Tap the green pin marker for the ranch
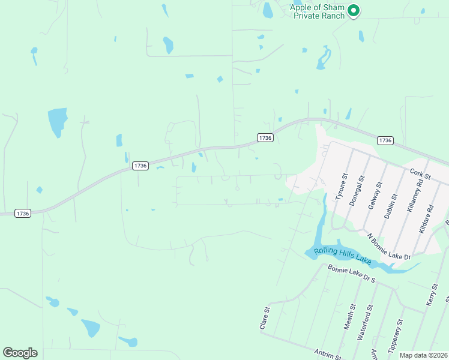[354, 10]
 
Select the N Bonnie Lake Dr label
[389, 247]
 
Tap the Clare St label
[262, 319]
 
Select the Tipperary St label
[394, 337]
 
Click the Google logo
[20, 353]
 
